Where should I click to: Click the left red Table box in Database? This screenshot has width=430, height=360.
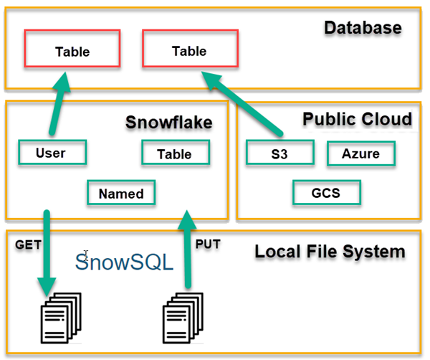coord(72,51)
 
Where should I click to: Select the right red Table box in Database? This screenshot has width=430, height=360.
coord(190,50)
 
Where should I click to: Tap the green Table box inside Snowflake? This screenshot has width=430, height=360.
coord(175,153)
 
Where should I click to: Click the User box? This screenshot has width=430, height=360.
coord(51,153)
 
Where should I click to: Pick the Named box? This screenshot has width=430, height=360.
coord(121,193)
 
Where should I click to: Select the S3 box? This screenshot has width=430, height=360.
coord(280,153)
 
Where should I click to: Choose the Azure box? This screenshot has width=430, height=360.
coord(360,153)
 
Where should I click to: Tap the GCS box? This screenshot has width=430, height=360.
coord(326,193)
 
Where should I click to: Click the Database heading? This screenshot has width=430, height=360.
coord(363,28)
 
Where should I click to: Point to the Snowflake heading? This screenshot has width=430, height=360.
coord(168,122)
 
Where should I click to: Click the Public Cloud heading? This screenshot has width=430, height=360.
coord(357,118)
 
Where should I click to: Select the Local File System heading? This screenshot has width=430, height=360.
coord(330,252)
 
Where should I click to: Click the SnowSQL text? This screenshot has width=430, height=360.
coord(124,262)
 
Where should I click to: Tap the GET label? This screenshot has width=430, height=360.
coord(27,245)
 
